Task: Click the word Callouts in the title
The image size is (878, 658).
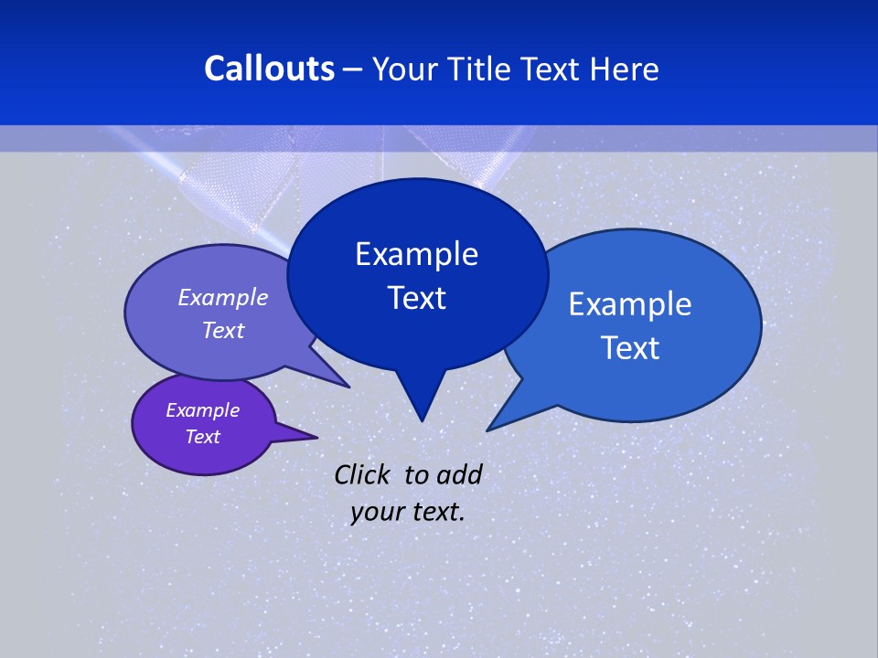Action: point(269,69)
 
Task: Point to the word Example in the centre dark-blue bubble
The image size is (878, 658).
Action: point(416,254)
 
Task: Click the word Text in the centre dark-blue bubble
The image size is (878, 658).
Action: point(416,298)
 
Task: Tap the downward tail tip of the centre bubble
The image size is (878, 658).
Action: point(422,419)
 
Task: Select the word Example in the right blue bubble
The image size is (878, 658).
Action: point(629,304)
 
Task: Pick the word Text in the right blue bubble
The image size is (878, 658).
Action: point(630,348)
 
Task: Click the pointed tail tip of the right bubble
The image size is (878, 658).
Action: point(488,430)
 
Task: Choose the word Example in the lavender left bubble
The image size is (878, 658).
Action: point(222,297)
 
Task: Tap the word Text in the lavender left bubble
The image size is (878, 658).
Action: point(223,330)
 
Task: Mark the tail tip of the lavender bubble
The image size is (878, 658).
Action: point(348,387)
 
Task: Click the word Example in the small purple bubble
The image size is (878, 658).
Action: point(202,410)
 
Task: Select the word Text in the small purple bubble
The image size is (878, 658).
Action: point(202,437)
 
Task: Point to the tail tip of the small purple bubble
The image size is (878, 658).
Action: point(316,438)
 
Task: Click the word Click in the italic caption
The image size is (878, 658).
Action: point(364,474)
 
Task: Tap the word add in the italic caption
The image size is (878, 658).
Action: point(458,474)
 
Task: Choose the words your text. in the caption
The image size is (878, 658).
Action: point(407,512)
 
